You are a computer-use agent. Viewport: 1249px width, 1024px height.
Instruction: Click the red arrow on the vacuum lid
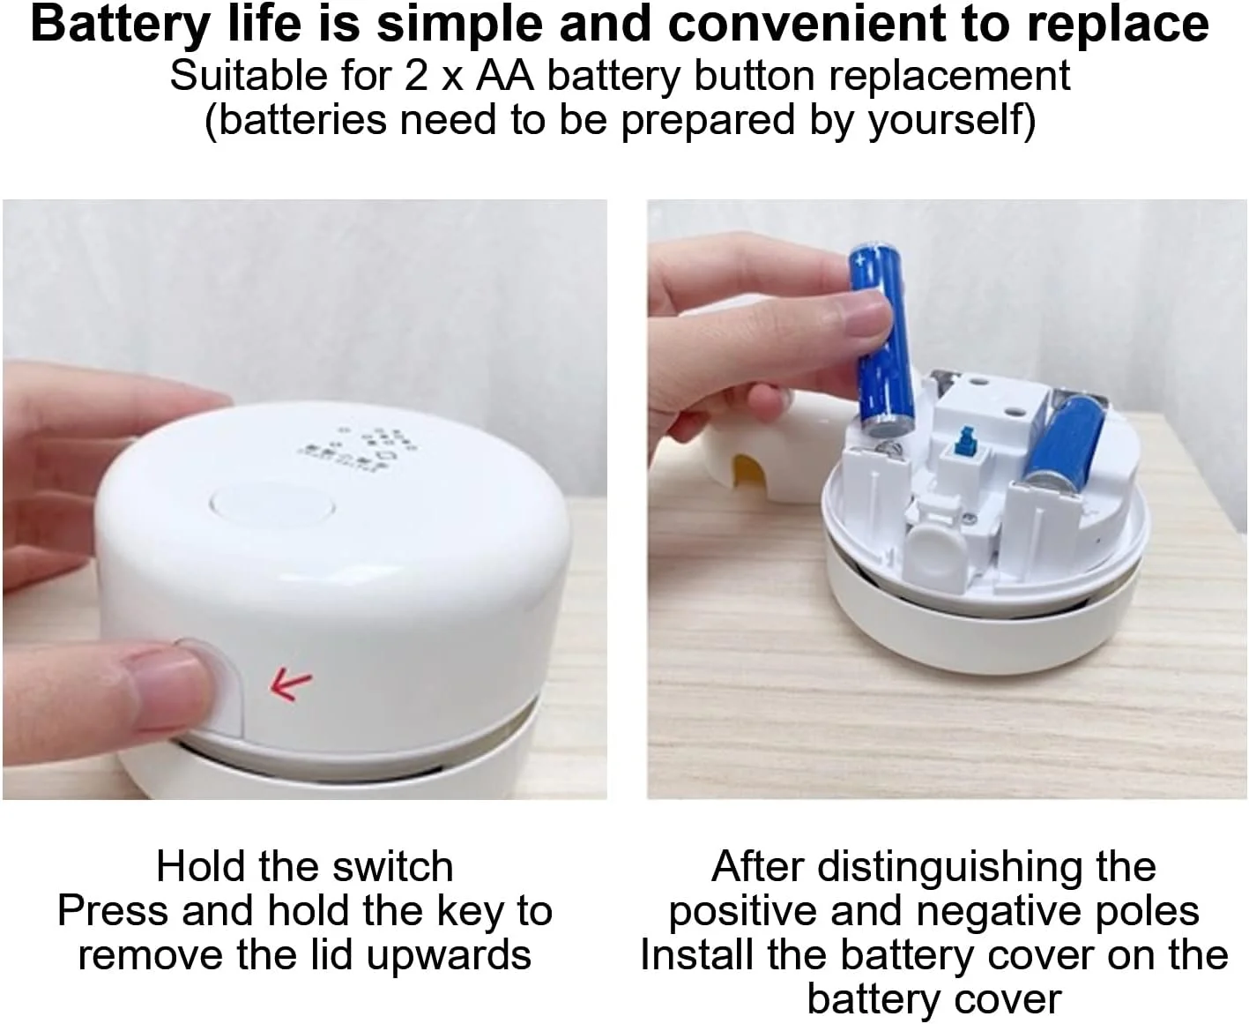[290, 685]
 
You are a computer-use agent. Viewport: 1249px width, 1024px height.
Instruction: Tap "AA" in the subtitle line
[504, 76]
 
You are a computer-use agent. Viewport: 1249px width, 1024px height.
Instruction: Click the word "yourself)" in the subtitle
[952, 120]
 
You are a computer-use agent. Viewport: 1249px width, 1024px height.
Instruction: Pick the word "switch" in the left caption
[392, 866]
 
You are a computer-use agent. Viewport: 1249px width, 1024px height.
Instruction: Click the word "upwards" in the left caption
[450, 956]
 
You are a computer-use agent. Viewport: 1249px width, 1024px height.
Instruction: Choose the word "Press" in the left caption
[113, 911]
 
